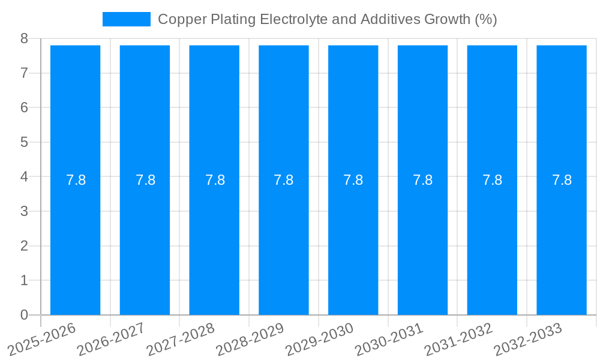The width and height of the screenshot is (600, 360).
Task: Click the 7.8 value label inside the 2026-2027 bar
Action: [x=145, y=180]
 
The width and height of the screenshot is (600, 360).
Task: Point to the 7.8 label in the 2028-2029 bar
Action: [x=284, y=180]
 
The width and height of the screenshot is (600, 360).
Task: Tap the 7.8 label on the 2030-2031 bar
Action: [x=423, y=180]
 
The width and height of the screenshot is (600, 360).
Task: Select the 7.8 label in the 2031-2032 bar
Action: [x=492, y=180]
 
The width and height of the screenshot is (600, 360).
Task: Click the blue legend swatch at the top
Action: [x=126, y=19]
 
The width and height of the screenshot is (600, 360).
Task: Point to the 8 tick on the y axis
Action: [x=24, y=38]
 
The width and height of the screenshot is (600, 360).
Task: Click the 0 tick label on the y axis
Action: [x=24, y=315]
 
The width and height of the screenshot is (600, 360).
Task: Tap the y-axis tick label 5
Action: [x=24, y=142]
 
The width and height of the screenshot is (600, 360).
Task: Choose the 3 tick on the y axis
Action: [x=24, y=211]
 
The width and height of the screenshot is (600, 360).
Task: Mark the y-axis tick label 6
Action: [x=24, y=107]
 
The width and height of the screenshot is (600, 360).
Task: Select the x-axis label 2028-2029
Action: [x=250, y=338]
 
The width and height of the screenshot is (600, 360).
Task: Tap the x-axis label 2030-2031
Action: [x=389, y=338]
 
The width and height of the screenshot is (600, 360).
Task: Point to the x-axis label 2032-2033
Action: [x=528, y=338]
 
